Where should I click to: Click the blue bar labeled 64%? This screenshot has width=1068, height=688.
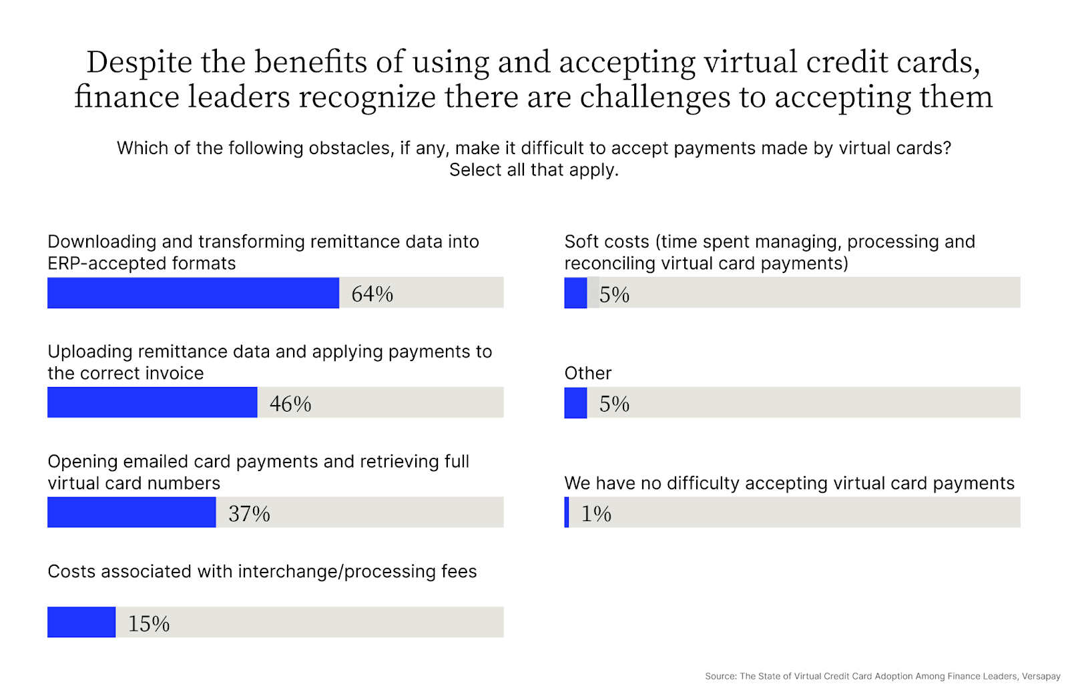193,293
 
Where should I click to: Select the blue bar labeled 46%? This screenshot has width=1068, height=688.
152,402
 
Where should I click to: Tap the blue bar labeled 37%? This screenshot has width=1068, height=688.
131,512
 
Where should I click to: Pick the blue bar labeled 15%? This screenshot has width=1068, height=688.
81,622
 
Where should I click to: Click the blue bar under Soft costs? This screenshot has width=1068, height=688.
575,293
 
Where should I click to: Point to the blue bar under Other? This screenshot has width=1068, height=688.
575,403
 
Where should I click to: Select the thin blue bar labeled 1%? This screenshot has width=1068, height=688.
567,512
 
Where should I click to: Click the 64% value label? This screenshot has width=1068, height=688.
372,294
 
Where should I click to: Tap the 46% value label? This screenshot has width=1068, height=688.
290,404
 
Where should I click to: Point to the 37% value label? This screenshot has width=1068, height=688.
249,514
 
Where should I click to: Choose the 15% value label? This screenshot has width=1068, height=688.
149,624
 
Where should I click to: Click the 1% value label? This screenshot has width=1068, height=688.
596,514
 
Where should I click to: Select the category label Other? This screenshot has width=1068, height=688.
587,373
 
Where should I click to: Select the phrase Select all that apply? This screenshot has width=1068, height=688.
533,170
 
